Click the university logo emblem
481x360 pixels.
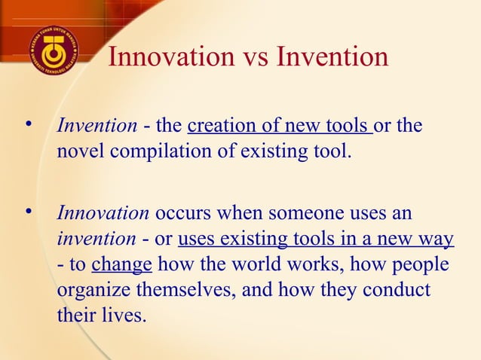pos(54,50)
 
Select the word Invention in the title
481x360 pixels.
pos(335,56)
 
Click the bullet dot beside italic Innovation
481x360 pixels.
pos(30,214)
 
